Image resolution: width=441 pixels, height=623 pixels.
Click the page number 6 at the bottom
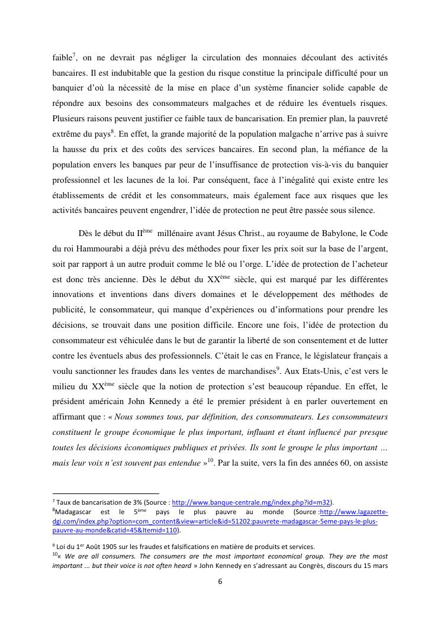pos(220,581)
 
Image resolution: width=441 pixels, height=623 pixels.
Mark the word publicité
pos(72,309)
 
